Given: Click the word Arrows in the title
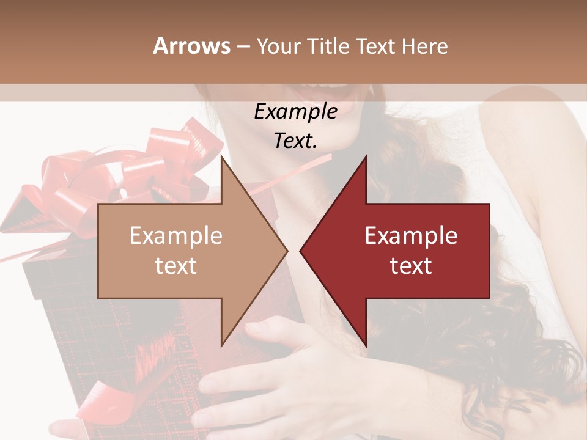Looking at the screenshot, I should (191, 46).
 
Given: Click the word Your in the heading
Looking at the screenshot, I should (279, 46).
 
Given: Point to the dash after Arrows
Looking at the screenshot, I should (243, 46).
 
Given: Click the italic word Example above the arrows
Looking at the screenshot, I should (295, 112).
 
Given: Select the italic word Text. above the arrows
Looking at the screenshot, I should (295, 141).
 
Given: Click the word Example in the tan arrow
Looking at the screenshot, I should (175, 236).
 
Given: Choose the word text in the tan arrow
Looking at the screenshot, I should (175, 265).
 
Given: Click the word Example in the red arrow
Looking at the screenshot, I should (411, 236).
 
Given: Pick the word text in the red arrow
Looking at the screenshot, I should (411, 265).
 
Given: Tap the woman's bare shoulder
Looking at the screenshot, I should (526, 134).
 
